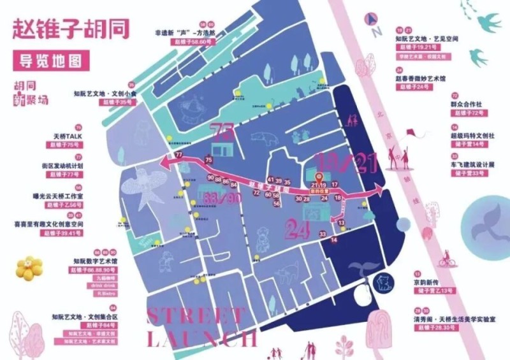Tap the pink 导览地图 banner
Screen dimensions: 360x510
[51, 62]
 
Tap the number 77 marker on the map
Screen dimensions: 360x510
[178, 155]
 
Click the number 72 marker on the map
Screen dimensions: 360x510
[258, 192]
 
